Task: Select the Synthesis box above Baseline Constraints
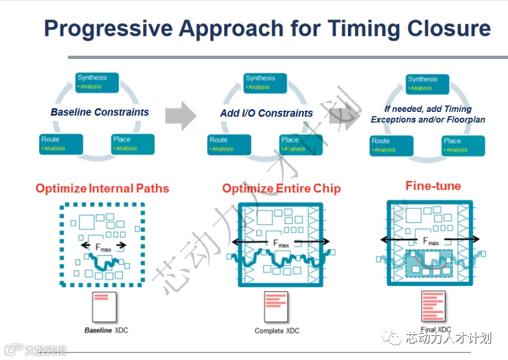pyautogui.click(x=97, y=82)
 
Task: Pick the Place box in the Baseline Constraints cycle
pyautogui.click(x=133, y=144)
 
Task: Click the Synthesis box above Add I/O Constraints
pyautogui.click(x=265, y=82)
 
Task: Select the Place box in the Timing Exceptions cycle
pyautogui.click(x=463, y=145)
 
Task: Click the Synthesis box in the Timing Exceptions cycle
pyautogui.click(x=428, y=83)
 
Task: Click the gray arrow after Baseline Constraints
pyautogui.click(x=180, y=114)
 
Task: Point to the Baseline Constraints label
pyautogui.click(x=99, y=112)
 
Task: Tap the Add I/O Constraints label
pyautogui.click(x=267, y=113)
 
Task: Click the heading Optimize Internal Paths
pyautogui.click(x=102, y=189)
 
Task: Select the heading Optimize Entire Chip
pyautogui.click(x=281, y=189)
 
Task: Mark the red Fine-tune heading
pyautogui.click(x=433, y=186)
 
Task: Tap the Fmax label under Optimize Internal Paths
pyautogui.click(x=103, y=247)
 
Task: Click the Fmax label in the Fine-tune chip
pyautogui.click(x=431, y=240)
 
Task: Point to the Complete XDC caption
pyautogui.click(x=277, y=331)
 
